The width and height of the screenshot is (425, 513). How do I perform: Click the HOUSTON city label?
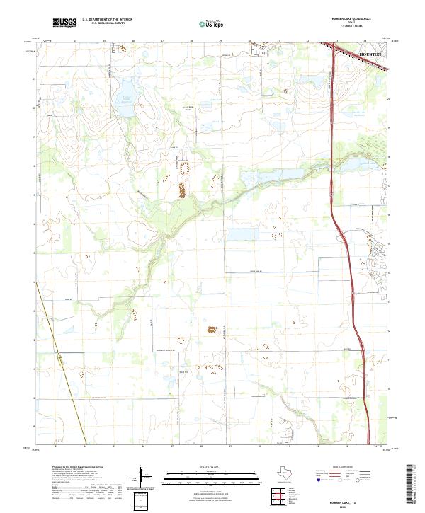[x=370, y=54]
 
